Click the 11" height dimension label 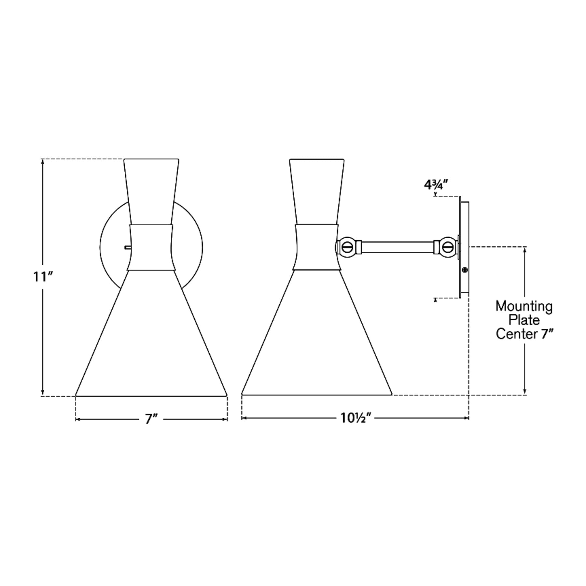tap(43, 277)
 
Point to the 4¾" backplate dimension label tap(436, 185)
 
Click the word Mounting tap(524, 306)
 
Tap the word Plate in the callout tap(524, 320)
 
